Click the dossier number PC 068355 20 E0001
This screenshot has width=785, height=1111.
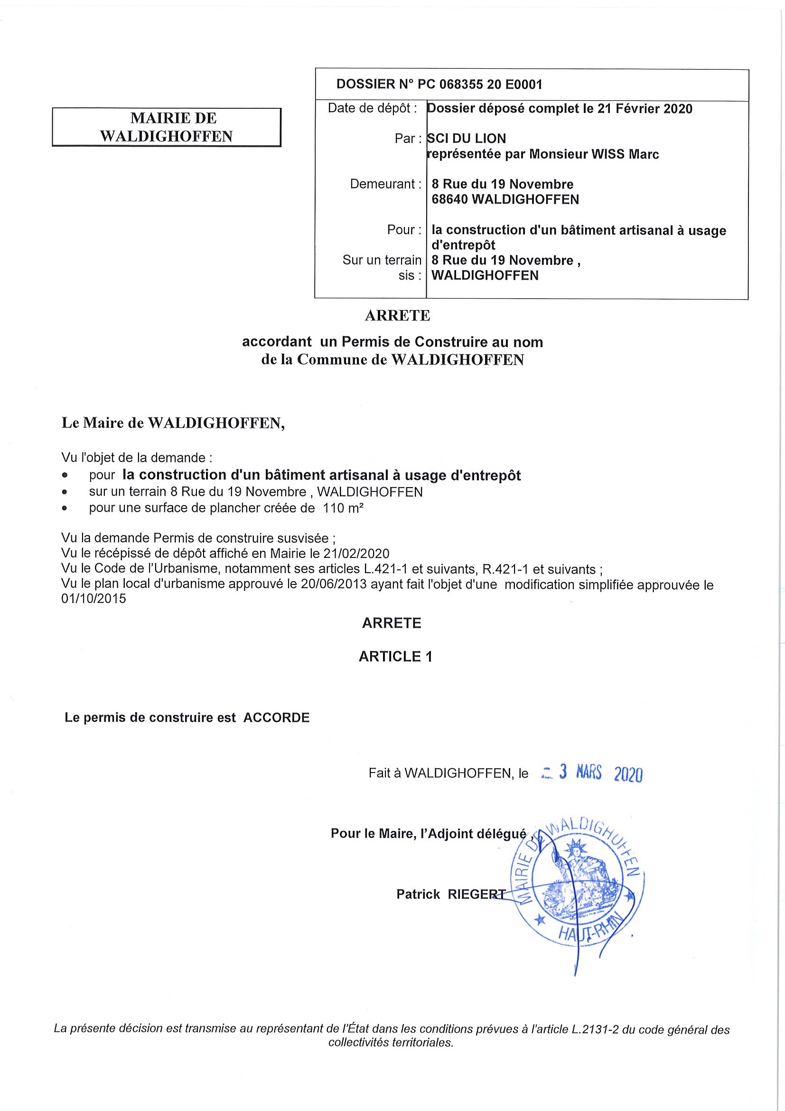tap(480, 85)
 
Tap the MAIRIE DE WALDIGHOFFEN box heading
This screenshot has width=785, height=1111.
tap(167, 127)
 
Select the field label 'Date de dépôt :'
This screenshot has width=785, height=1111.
tap(372, 108)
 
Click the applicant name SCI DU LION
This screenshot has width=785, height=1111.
tap(466, 138)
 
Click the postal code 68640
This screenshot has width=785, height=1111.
tap(449, 199)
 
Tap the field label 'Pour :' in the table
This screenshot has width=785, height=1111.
tap(404, 229)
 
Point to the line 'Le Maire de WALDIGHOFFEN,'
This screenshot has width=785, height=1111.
tap(173, 423)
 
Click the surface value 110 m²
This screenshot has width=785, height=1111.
tap(343, 508)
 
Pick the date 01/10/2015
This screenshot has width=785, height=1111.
tap(93, 599)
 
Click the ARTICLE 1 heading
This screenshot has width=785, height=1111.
tap(395, 657)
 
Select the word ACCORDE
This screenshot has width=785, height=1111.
tap(276, 717)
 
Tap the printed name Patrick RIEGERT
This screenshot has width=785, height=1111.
tap(451, 894)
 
